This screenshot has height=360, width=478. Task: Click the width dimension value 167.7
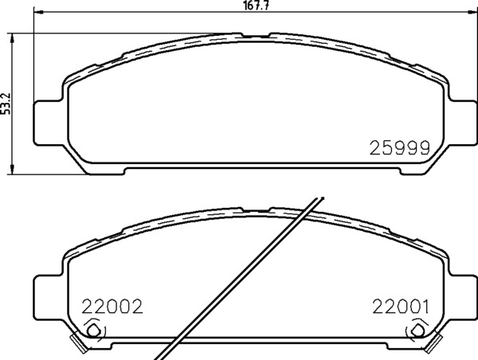click(257, 6)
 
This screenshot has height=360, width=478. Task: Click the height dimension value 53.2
click(6, 104)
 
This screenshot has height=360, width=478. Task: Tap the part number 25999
click(400, 148)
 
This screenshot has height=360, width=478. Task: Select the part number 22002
click(112, 307)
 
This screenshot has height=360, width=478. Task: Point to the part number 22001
click(401, 307)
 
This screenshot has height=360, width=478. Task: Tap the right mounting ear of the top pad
click(463, 123)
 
